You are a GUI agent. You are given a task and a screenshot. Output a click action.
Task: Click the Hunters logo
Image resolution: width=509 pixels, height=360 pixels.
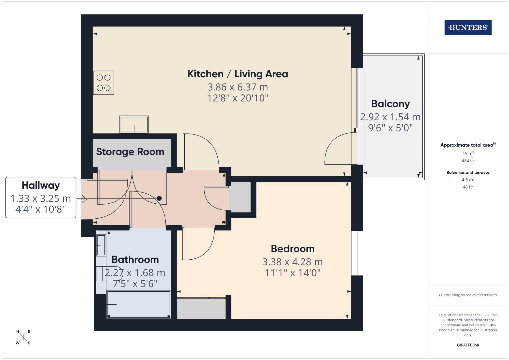click(468, 28)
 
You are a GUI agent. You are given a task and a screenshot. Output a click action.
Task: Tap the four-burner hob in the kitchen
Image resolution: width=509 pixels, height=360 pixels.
click(104, 83)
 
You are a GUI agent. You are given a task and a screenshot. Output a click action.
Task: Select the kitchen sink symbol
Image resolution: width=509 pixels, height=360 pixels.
click(134, 124)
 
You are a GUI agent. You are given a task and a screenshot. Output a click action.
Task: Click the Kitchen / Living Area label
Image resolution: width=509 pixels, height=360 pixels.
click(237, 74)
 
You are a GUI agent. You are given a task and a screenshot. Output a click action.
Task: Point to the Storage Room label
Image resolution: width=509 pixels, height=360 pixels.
click(130, 152)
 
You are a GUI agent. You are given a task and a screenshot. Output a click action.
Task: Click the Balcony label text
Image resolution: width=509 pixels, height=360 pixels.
click(390, 104)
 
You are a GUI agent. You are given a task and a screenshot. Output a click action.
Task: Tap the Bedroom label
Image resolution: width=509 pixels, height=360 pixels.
click(292, 249)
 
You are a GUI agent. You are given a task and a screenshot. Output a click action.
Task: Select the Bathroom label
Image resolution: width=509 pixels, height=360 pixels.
click(135, 259)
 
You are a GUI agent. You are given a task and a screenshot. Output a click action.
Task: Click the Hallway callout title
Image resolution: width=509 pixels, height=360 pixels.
click(41, 185)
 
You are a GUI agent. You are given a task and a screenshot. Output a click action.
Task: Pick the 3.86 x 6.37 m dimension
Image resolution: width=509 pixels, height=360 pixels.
click(237, 87)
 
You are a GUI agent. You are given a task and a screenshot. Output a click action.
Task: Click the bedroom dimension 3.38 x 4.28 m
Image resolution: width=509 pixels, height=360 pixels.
click(292, 262)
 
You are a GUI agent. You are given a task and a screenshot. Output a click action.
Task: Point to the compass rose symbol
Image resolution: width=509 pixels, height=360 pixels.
click(23, 337)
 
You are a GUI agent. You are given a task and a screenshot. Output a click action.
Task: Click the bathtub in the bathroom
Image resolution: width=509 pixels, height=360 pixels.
click(139, 304)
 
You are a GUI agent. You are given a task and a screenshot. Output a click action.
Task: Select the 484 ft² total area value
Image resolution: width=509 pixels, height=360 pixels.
click(468, 161)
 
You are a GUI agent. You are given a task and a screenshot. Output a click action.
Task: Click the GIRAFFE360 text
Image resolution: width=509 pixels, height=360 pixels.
click(468, 345)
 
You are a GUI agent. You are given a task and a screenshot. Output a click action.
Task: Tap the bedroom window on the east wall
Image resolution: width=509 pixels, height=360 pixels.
click(357, 253)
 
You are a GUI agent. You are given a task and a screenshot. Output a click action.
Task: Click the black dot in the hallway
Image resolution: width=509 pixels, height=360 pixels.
click(159, 198)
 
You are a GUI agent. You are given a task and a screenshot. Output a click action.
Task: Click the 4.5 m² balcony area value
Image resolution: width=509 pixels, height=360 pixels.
click(468, 180)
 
